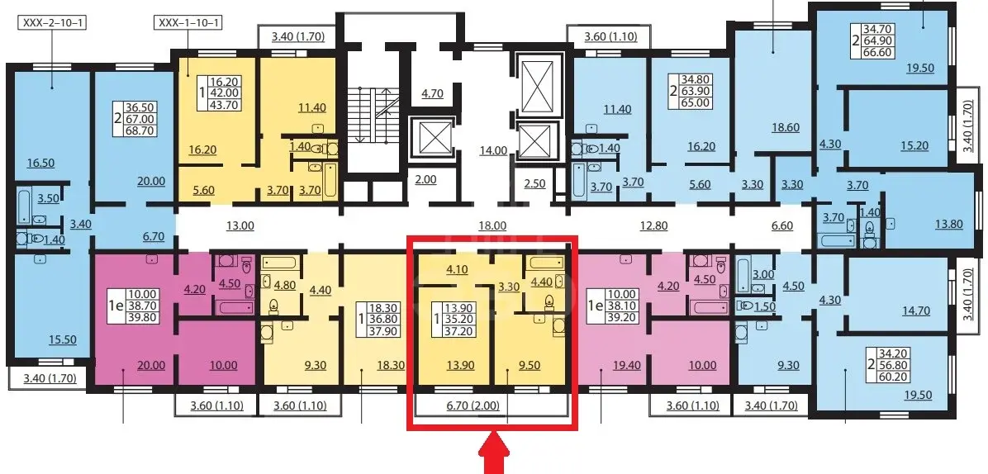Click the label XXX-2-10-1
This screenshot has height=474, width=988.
point(54,24)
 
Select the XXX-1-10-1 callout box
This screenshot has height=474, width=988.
point(190,24)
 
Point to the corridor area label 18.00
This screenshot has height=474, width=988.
point(492,225)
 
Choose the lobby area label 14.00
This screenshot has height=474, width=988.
point(492,149)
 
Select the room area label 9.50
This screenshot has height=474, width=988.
point(529,365)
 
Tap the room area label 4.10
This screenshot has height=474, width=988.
point(458,270)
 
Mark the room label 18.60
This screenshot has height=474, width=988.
point(785,127)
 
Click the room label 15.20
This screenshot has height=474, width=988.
point(898,145)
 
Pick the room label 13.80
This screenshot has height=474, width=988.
point(948,224)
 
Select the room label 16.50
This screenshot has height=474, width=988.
point(40,163)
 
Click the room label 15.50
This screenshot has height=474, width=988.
point(62,339)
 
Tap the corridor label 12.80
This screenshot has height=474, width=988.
point(653,225)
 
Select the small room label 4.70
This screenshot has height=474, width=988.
point(432,94)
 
